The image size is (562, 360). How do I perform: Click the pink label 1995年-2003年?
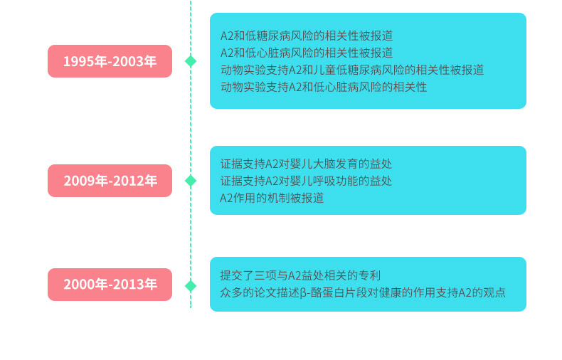110,61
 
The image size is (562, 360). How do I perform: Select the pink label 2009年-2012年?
110,181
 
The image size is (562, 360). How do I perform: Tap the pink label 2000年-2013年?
110,285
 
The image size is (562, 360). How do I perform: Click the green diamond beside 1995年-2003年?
190,61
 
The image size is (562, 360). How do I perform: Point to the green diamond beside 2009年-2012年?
190,181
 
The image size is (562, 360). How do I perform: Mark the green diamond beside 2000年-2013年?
190,285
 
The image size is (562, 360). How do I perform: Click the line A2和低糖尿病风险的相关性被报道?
306,36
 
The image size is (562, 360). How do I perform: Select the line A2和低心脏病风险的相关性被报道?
306,53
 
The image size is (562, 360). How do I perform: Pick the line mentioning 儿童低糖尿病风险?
351,70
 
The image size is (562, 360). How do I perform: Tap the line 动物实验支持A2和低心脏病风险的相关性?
323,87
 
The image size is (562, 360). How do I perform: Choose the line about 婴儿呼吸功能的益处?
306,181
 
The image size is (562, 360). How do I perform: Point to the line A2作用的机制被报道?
272,198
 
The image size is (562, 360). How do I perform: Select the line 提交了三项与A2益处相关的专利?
300,275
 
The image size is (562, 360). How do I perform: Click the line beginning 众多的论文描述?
363,292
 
